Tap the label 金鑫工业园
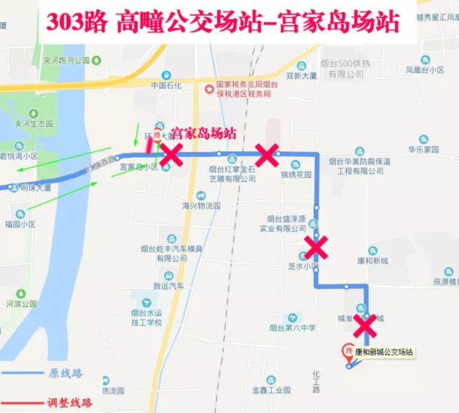pos(271,390)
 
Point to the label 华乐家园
pos(422,151)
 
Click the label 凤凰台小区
pos(423,70)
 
